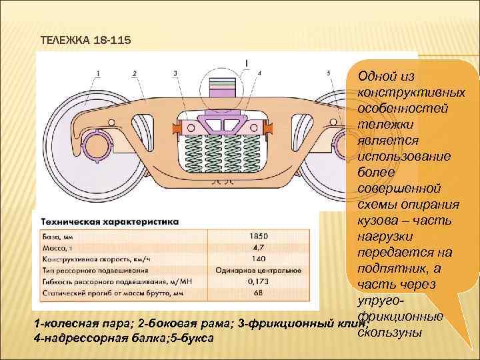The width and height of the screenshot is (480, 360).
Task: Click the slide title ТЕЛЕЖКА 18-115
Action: tap(86, 41)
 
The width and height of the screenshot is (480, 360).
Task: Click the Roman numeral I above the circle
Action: tap(247, 63)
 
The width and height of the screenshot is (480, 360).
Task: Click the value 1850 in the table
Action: tap(259, 236)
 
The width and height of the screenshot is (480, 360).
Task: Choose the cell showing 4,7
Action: tap(259, 247)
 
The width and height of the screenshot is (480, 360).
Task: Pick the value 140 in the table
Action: tap(259, 259)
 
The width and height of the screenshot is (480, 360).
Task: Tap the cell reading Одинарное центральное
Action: tap(259, 271)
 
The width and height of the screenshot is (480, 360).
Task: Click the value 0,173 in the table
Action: tap(259, 282)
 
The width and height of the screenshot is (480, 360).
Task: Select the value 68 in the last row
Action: tap(259, 293)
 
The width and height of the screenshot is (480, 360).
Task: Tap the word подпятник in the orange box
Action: tap(387, 269)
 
